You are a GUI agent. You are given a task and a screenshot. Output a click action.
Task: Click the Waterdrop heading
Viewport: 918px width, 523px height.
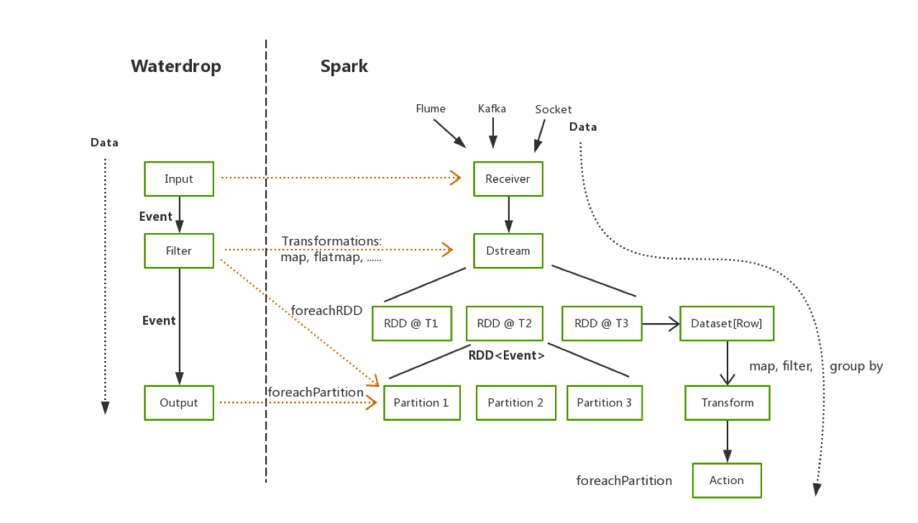point(176,66)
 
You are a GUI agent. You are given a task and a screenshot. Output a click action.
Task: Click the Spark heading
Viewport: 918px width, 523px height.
point(344,66)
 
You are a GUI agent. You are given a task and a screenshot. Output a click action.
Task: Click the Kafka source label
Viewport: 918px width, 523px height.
point(492,109)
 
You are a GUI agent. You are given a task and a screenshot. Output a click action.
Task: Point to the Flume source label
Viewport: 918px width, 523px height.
point(431,109)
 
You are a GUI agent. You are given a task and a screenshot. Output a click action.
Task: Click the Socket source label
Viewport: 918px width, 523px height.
point(554,109)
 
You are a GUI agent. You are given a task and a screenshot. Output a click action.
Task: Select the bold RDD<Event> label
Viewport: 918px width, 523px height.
point(507,355)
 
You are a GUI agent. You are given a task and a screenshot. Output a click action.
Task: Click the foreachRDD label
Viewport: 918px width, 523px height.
point(326,311)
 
